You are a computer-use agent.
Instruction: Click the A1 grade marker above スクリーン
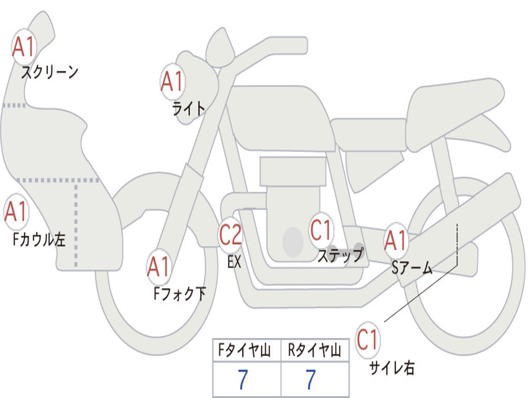coord(23,47)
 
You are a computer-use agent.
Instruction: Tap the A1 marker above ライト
coord(172,82)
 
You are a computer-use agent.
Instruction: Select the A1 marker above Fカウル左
coord(16,212)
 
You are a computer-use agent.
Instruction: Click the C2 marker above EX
coord(231,235)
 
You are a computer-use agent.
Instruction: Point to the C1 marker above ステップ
coord(321,230)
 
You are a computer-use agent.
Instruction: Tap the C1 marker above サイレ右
coord(368,340)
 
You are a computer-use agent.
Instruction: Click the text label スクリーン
coord(49,73)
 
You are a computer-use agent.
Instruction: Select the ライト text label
coord(189,108)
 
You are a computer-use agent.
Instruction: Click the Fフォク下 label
coord(179,294)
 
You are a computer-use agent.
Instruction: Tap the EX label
coord(234,262)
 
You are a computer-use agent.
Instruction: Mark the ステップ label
coord(340,256)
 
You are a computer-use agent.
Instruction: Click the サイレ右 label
coord(392,368)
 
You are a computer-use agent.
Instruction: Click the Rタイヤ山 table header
coord(314,351)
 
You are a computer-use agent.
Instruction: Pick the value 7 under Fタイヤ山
coord(243,380)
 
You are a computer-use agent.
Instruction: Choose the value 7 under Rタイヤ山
coord(311,380)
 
